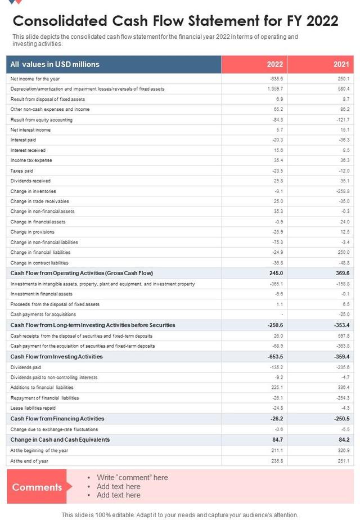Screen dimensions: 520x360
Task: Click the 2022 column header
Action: tap(274, 64)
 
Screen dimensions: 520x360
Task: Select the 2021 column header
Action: tap(341, 64)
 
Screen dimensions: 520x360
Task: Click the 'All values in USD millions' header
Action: tap(55, 64)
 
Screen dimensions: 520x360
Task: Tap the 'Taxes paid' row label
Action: tap(22, 171)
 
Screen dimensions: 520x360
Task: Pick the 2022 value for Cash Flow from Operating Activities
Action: tap(275, 273)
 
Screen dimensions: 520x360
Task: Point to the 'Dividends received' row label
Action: tap(30, 181)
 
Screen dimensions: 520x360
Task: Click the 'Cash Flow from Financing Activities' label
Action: tap(57, 419)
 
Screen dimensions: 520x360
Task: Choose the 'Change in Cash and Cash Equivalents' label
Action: tap(60, 440)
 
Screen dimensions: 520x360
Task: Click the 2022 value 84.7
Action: tap(276, 440)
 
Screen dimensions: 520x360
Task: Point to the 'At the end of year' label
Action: tap(29, 460)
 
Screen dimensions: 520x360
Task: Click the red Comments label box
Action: tap(37, 487)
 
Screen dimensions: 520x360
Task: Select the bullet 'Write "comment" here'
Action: tap(132, 478)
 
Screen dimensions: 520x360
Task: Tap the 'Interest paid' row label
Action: tap(23, 140)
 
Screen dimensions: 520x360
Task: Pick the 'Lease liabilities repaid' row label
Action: tap(33, 408)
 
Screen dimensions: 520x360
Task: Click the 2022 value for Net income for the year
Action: tap(276, 79)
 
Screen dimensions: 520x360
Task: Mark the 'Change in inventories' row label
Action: tap(33, 191)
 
